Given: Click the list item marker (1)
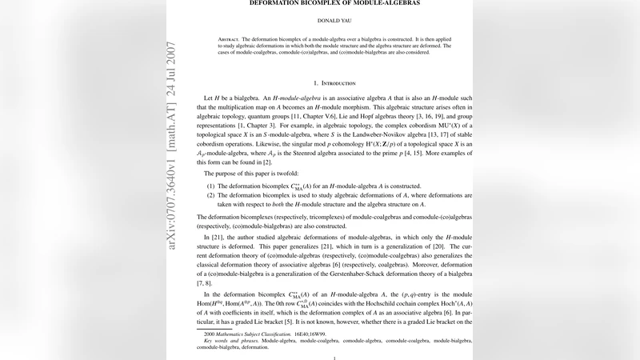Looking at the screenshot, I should [210, 183].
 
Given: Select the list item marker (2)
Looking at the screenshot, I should [210, 194].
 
